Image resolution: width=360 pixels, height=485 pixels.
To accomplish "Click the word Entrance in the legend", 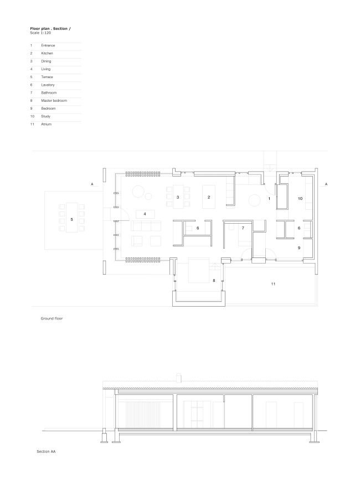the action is pos(48,45).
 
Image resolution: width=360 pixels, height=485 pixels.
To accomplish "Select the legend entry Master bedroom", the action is pos(54,101).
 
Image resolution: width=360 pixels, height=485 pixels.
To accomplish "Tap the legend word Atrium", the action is pos(46,124).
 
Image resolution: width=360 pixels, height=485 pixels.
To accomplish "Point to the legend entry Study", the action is pos(45,116).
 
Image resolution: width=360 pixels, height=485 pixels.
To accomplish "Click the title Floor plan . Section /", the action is pos(50,28).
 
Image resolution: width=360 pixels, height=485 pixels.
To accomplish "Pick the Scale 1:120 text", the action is pos(40,33).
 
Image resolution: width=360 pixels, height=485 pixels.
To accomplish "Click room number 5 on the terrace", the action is pos(72,220).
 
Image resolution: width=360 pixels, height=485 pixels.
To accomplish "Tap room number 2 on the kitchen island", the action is pos(209,197).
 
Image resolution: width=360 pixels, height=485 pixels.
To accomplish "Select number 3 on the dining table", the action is pos(178,197).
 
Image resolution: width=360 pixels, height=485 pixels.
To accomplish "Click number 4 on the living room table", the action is pos(145,214).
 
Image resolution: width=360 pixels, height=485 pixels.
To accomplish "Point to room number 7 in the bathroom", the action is pos(243,228).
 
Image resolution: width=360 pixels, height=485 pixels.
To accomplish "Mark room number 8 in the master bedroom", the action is pos(214,281).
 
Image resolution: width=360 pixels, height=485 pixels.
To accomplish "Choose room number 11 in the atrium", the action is pos(273,283).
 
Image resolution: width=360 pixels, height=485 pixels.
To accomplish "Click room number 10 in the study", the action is pos(300,198).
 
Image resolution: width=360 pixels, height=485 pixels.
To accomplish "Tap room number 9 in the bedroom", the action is pos(299,247).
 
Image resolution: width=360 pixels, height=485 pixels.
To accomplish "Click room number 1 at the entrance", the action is pos(269,198).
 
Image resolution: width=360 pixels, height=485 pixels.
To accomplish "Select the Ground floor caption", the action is pos(52,318).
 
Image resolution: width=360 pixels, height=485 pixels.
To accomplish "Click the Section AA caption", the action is pos(46,451).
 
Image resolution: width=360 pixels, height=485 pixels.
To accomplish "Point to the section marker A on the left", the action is pos(92,184).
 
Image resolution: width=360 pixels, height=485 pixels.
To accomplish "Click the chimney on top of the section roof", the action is pos(178,378).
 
